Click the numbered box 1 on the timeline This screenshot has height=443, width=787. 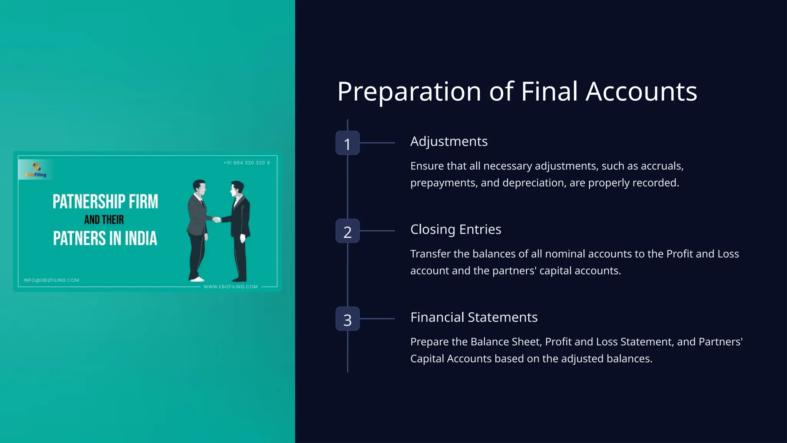pyautogui.click(x=347, y=143)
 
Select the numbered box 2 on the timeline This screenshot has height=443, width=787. pyautogui.click(x=347, y=231)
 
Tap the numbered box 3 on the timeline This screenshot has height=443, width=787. pyautogui.click(x=347, y=319)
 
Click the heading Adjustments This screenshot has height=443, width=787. pyautogui.click(x=449, y=142)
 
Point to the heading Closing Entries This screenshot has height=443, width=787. pyautogui.click(x=456, y=230)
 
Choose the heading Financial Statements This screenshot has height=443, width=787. pyautogui.click(x=474, y=317)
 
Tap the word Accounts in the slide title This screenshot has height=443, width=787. pyautogui.click(x=641, y=92)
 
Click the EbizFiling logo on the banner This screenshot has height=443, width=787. pyautogui.click(x=36, y=170)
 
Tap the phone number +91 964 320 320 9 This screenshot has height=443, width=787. pyautogui.click(x=247, y=163)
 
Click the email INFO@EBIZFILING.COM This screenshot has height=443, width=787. pyautogui.click(x=51, y=280)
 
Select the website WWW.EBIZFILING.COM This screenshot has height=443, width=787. pyautogui.click(x=231, y=286)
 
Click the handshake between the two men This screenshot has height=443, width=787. pyautogui.click(x=217, y=220)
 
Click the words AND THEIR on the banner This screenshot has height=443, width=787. pyautogui.click(x=104, y=220)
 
